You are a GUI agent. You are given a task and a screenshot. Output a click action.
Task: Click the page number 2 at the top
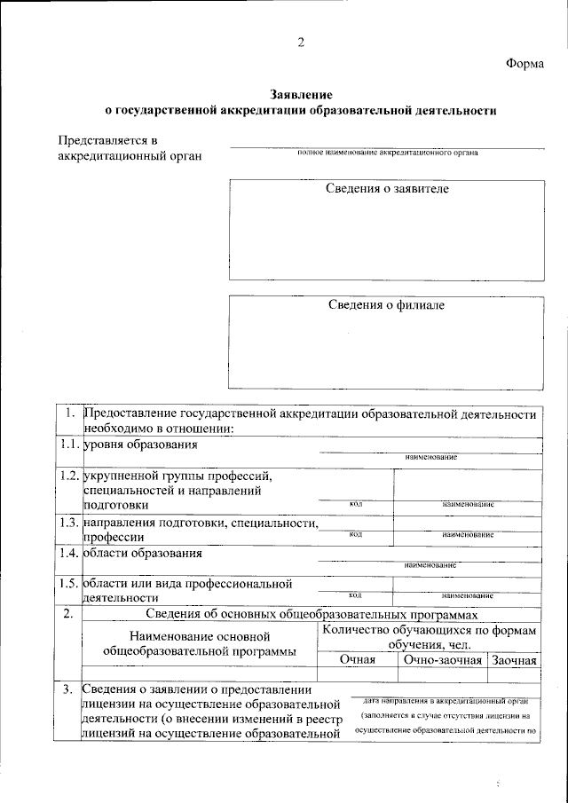[x=301, y=43]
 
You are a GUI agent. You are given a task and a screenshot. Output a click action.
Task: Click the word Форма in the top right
[x=526, y=63]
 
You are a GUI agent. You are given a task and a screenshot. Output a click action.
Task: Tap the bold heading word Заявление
[x=301, y=95]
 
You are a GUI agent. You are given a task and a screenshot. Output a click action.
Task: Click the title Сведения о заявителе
[x=387, y=190]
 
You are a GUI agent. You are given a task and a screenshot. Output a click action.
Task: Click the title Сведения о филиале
[x=387, y=305]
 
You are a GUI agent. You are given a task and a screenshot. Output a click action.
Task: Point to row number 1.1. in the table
[x=67, y=444]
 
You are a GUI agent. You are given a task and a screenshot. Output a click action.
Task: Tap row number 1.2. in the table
[x=67, y=476]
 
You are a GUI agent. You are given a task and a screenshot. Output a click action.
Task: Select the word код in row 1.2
[x=355, y=504]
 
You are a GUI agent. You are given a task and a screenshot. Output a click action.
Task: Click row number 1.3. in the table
[x=67, y=524]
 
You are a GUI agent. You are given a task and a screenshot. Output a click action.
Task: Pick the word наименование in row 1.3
[x=467, y=535]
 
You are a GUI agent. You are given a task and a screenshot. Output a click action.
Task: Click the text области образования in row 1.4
[x=142, y=554]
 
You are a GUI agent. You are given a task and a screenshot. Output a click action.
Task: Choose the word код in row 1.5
[x=355, y=595]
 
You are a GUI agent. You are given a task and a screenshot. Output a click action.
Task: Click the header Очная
[x=358, y=660]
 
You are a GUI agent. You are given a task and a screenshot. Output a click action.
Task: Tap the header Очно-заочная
[x=442, y=660]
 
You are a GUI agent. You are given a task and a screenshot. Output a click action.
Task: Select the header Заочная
[x=514, y=660]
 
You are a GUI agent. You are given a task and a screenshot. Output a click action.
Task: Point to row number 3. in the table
[x=67, y=689]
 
